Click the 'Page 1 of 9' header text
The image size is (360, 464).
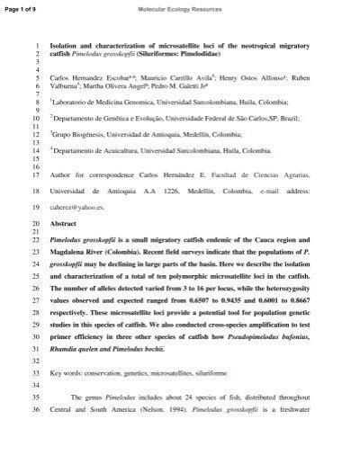coord(21,8)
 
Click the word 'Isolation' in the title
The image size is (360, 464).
coord(66,45)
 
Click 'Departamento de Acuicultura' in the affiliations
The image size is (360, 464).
coord(103,151)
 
